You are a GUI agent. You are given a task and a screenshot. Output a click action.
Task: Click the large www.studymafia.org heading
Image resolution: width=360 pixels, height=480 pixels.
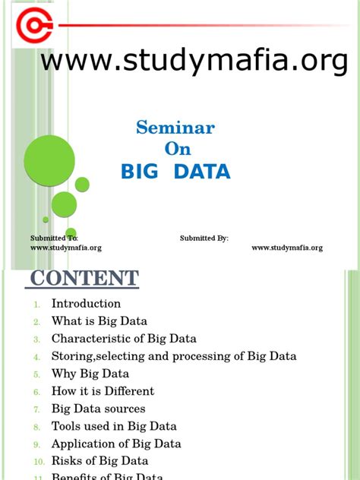(x=194, y=60)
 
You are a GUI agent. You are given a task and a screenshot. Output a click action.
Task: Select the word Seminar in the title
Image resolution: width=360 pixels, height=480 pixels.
(x=175, y=127)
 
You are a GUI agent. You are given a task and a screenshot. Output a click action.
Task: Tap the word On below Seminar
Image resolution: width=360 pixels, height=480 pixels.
(x=176, y=148)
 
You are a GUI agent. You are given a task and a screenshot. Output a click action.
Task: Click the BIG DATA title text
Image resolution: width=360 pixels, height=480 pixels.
(x=175, y=172)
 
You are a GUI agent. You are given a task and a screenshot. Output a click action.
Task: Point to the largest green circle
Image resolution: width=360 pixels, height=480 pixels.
(x=49, y=160)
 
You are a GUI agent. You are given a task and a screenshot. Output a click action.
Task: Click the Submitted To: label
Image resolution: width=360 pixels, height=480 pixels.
(x=54, y=238)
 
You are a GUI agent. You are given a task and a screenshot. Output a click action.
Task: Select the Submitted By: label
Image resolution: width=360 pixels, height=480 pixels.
(x=204, y=238)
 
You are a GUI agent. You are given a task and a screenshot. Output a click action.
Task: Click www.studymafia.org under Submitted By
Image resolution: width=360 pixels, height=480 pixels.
(x=287, y=248)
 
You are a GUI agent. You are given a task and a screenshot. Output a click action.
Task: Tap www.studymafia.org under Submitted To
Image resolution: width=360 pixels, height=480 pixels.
(x=65, y=248)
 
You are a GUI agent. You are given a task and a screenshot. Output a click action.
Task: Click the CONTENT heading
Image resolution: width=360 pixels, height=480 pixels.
(x=84, y=278)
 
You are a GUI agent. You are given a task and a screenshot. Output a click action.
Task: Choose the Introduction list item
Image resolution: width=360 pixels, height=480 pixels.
(x=86, y=304)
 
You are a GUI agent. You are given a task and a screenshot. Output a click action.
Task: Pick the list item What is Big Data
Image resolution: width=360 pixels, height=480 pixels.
(x=99, y=321)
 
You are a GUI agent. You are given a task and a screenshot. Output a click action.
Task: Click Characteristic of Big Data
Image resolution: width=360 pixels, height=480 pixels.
(x=124, y=339)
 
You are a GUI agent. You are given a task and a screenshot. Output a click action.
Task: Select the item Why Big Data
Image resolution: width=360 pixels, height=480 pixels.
(x=90, y=374)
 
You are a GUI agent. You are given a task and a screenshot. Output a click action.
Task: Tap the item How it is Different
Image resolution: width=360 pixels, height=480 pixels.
(x=103, y=391)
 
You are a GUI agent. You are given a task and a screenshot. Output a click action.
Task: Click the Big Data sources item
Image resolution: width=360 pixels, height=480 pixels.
(x=98, y=409)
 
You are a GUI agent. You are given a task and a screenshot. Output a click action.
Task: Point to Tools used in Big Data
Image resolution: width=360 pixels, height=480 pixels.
(x=114, y=426)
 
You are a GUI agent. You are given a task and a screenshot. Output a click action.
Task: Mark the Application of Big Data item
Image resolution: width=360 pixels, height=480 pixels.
(x=116, y=444)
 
